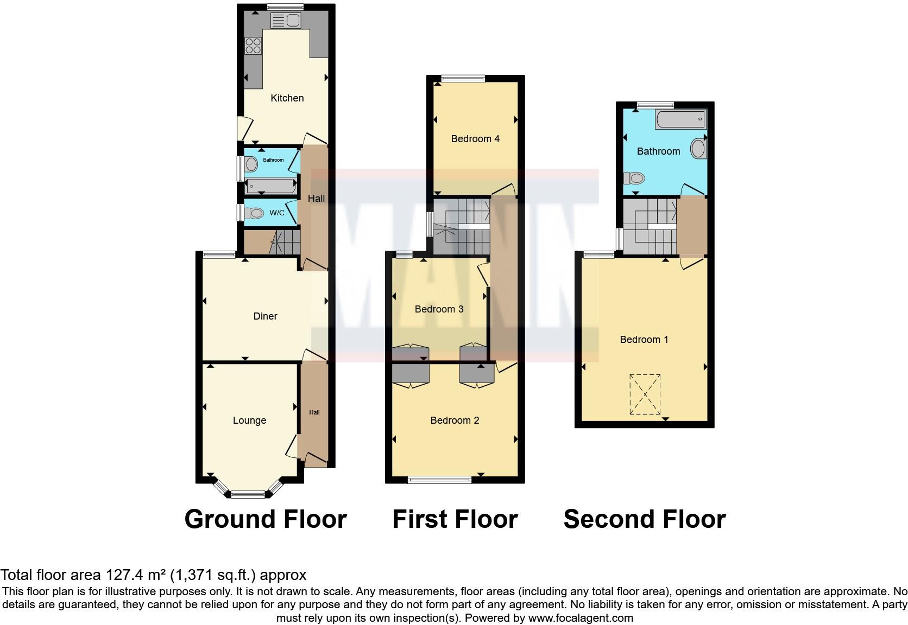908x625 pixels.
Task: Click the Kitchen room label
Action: pos(287,98)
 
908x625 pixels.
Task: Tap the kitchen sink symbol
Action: pos(286,21)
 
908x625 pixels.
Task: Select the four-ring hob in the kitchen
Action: pos(253,46)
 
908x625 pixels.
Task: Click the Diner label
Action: pos(265,316)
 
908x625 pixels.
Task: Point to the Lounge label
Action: pos(249,420)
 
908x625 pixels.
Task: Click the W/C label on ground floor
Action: pos(277,213)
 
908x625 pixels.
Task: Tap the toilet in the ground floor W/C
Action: pos(254,213)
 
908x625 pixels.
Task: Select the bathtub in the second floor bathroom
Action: pos(680,119)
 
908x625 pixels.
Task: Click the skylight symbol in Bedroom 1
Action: pos(645,394)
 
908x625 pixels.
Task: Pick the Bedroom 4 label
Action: pos(475,139)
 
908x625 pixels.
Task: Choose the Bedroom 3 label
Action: pos(439,309)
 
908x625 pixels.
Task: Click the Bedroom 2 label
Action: pos(455,420)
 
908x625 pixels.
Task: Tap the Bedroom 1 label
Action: pos(644,340)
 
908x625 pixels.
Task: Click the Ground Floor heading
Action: pos(266,519)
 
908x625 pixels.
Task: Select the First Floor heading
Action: pos(455,519)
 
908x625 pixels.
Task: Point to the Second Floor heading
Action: pos(645,519)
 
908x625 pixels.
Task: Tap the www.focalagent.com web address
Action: pos(581,618)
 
